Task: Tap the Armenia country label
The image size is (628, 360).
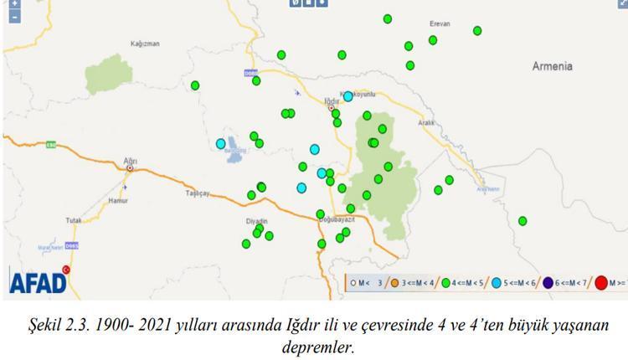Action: [553, 65]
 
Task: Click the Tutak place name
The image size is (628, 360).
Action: [74, 220]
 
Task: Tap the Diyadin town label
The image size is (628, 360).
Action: [255, 221]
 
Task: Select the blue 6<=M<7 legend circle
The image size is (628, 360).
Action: [548, 283]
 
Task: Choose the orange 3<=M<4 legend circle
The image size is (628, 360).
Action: [394, 283]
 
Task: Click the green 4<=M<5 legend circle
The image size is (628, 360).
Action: [446, 283]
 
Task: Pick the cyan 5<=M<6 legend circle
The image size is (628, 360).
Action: [497, 283]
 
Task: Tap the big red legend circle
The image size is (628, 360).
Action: [601, 283]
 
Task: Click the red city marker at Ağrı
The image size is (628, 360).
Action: [130, 167]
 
